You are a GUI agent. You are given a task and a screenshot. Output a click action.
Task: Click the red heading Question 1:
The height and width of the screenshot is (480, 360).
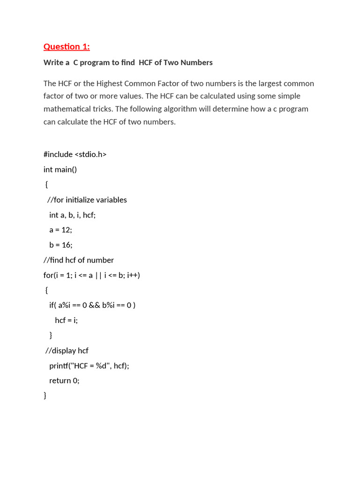(x=67, y=46)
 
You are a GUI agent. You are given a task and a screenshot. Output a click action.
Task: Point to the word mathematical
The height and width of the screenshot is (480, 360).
(x=67, y=109)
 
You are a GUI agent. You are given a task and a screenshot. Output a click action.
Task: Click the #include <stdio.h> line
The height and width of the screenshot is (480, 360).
(x=75, y=154)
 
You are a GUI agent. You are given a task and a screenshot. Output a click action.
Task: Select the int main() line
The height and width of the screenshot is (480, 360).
(x=60, y=169)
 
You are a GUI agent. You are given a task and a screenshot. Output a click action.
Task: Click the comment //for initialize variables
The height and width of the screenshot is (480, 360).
(x=87, y=200)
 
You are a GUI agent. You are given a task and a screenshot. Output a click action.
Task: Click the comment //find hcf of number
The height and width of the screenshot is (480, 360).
(x=79, y=260)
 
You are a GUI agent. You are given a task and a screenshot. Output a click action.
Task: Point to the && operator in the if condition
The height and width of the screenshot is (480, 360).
(x=94, y=305)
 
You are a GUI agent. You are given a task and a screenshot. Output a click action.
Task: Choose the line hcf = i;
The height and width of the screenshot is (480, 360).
(x=66, y=320)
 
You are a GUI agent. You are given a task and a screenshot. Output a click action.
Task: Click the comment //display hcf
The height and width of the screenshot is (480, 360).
(x=67, y=351)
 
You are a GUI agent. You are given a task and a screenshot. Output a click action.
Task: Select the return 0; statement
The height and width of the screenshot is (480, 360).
(x=64, y=381)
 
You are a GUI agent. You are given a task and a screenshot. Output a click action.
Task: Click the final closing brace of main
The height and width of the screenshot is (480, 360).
(x=45, y=396)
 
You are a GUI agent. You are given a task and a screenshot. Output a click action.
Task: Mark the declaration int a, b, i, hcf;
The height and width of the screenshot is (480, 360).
(x=72, y=215)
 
